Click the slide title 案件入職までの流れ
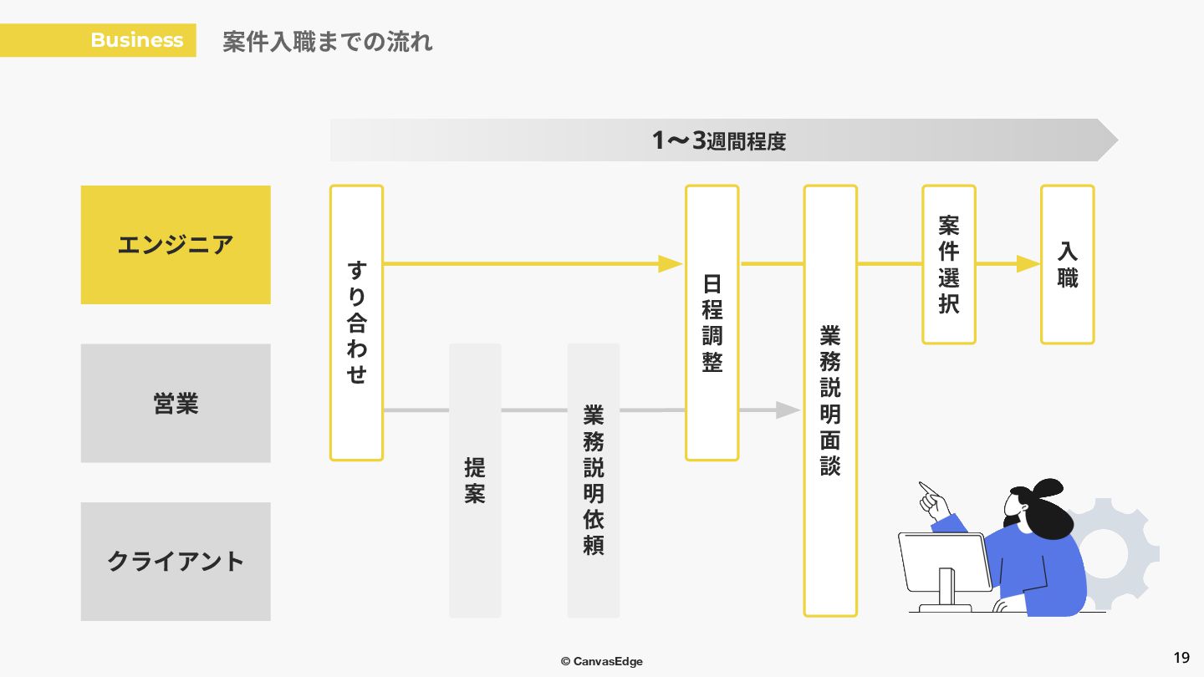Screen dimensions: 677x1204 pyautogui.click(x=327, y=41)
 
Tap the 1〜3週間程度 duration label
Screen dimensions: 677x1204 pyautogui.click(x=719, y=140)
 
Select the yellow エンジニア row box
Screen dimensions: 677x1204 pyautogui.click(x=176, y=245)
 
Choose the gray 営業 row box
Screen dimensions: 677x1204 pyautogui.click(x=176, y=403)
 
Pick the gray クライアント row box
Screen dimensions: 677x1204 pyautogui.click(x=176, y=561)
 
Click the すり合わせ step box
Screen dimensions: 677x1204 pyautogui.click(x=356, y=323)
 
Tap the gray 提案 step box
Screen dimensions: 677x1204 pyautogui.click(x=475, y=480)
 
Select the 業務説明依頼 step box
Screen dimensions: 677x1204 pyautogui.click(x=594, y=480)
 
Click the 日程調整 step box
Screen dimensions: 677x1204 pyautogui.click(x=712, y=323)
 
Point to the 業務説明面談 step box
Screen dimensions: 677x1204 pyautogui.click(x=830, y=401)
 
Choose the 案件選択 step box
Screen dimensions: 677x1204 pyautogui.click(x=949, y=264)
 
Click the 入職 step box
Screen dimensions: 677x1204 pyautogui.click(x=1068, y=264)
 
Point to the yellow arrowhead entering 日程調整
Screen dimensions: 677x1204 pyautogui.click(x=671, y=264)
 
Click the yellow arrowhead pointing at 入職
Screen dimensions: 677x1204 pyautogui.click(x=1028, y=264)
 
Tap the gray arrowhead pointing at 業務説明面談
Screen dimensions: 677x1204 pyautogui.click(x=788, y=410)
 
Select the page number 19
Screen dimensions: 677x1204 pyautogui.click(x=1181, y=657)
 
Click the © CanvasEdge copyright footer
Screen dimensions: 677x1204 pyautogui.click(x=602, y=661)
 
